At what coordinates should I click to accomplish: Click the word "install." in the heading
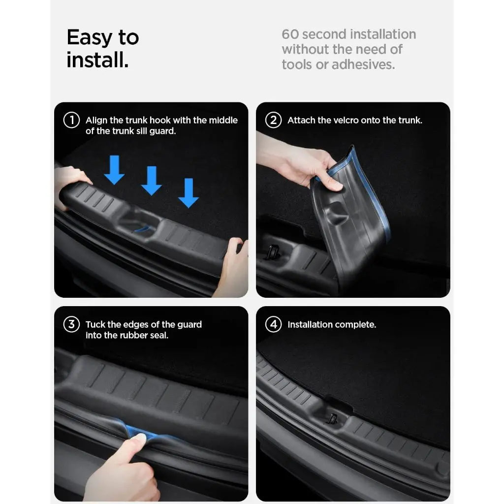tap(97, 61)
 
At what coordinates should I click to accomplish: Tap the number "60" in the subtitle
tap(290, 34)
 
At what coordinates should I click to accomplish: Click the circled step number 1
tap(71, 120)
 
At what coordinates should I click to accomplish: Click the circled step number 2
tap(273, 120)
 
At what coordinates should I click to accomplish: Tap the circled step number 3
tap(71, 324)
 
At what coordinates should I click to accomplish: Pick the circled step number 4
tap(273, 324)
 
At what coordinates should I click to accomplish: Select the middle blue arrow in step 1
tap(151, 181)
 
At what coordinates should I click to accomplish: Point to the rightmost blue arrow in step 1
tap(188, 193)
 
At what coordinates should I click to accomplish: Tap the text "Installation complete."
tap(332, 325)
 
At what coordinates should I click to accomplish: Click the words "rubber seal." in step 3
tap(144, 336)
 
